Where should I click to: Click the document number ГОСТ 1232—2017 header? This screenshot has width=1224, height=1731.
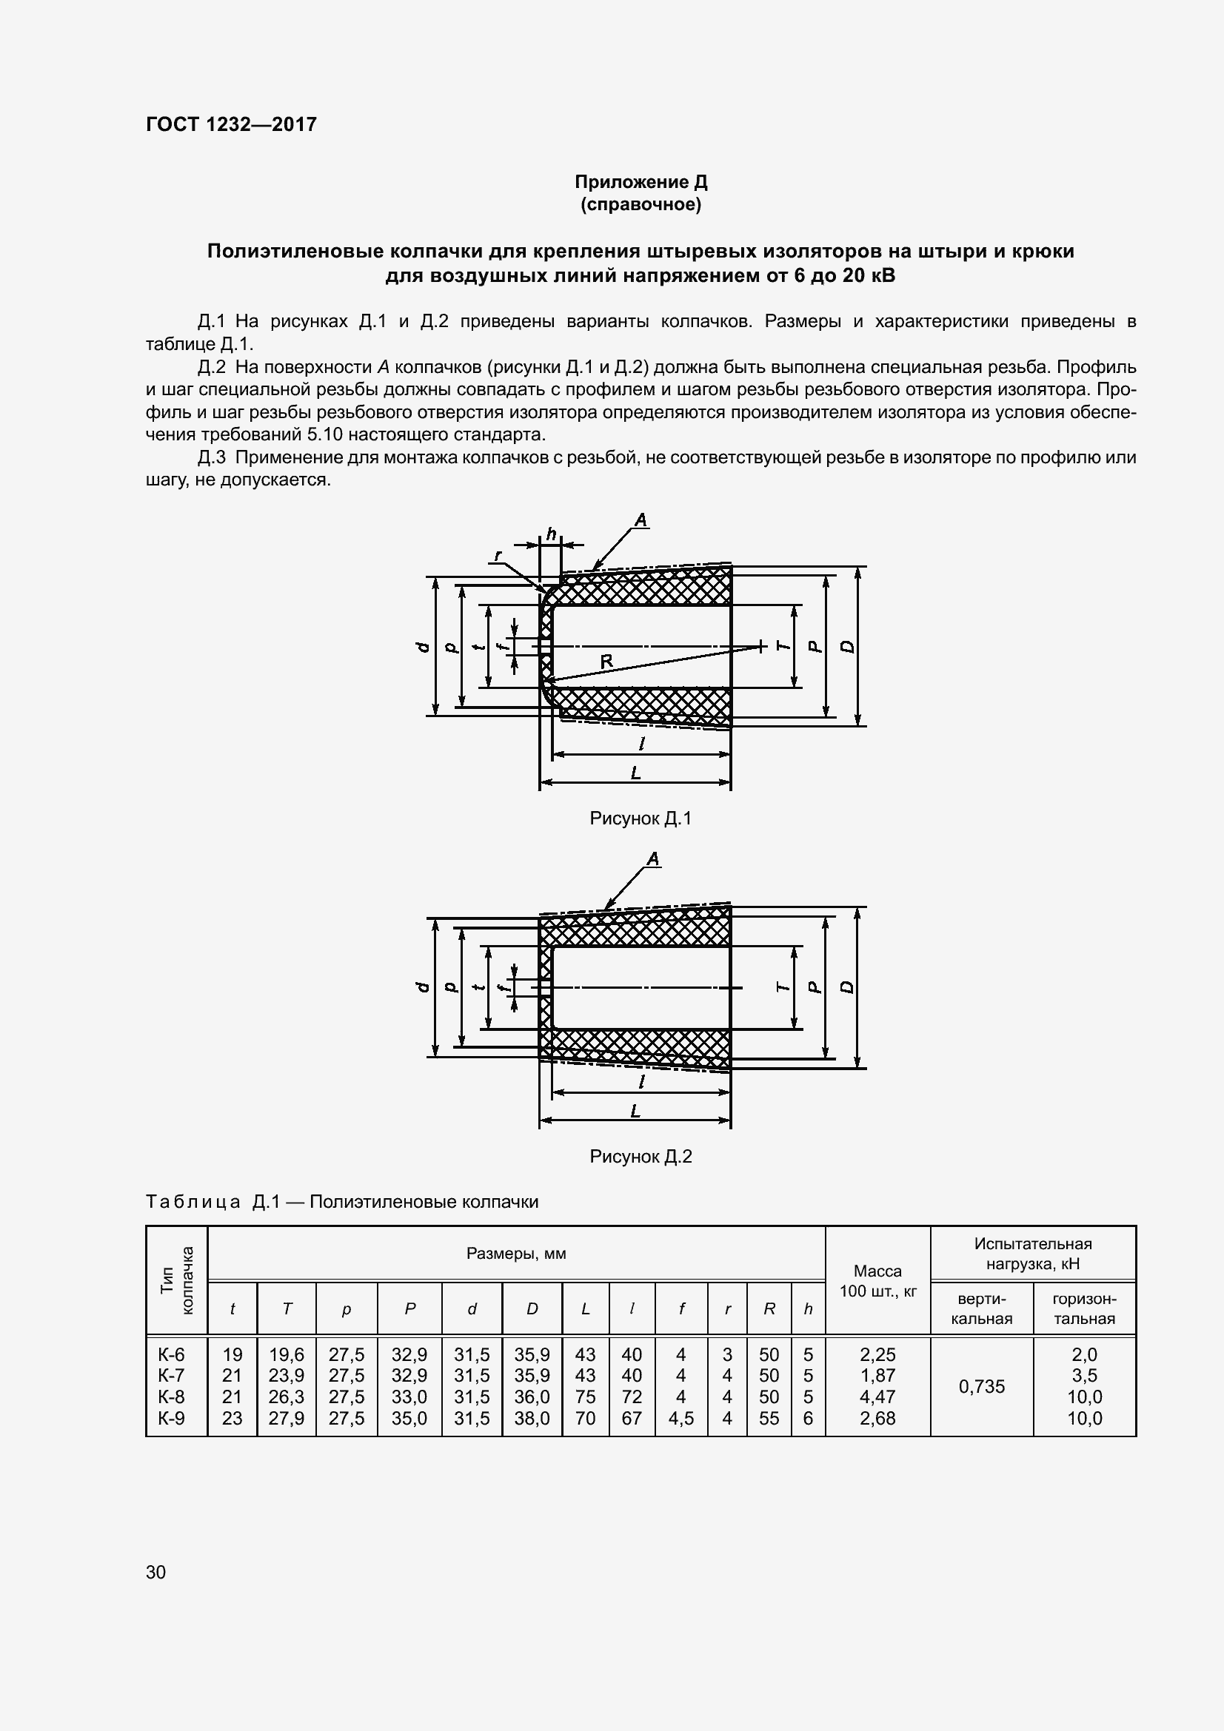click(231, 124)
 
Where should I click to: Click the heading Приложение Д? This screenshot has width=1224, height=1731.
click(641, 182)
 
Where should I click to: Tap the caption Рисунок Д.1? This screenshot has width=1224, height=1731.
click(641, 818)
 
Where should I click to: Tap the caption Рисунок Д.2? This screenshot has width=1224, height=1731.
click(641, 1156)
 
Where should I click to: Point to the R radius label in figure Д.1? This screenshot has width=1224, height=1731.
click(606, 661)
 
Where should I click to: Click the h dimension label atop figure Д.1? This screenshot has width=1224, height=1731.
click(552, 534)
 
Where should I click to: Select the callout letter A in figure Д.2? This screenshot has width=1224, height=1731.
click(653, 858)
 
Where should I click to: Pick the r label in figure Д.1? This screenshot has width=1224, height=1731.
click(498, 557)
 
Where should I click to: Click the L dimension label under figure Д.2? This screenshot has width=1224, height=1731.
click(635, 1111)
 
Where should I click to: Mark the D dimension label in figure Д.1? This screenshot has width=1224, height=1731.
click(848, 646)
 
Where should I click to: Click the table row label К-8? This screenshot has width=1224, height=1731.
click(171, 1396)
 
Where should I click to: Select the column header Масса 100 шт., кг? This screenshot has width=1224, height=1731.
click(878, 1281)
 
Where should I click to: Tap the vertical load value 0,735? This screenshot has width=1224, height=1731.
click(981, 1385)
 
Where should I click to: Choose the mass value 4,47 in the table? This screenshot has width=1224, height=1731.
click(878, 1396)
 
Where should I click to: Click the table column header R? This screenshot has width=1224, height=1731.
click(769, 1309)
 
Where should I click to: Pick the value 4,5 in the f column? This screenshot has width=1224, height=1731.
click(681, 1418)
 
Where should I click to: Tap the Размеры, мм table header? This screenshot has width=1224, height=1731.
click(516, 1254)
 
